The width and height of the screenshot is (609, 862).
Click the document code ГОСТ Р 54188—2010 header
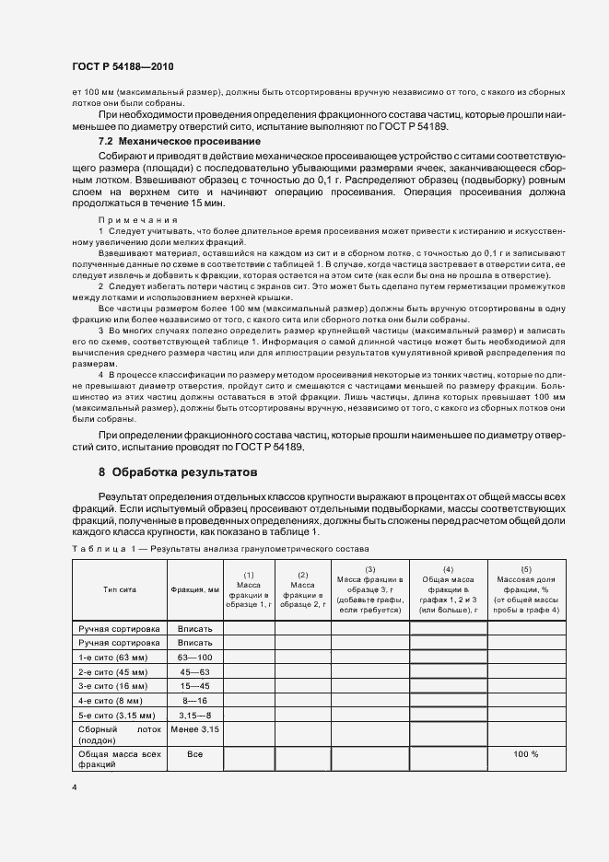click(x=122, y=67)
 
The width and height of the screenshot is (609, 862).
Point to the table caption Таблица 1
click(x=103, y=548)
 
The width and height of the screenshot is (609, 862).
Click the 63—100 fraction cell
click(x=194, y=658)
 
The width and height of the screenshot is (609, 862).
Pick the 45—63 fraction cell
click(x=194, y=672)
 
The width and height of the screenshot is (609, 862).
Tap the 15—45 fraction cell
click(x=194, y=687)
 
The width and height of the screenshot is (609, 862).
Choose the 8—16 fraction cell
click(x=194, y=701)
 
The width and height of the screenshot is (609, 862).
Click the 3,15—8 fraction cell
click(x=194, y=716)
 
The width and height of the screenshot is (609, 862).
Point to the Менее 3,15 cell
click(x=194, y=729)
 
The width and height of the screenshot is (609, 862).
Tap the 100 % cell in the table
click(x=527, y=754)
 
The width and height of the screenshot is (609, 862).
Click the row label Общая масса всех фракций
click(x=119, y=759)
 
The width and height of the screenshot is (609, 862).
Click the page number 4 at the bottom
click(x=74, y=787)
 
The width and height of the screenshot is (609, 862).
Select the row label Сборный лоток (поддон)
click(x=119, y=734)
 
